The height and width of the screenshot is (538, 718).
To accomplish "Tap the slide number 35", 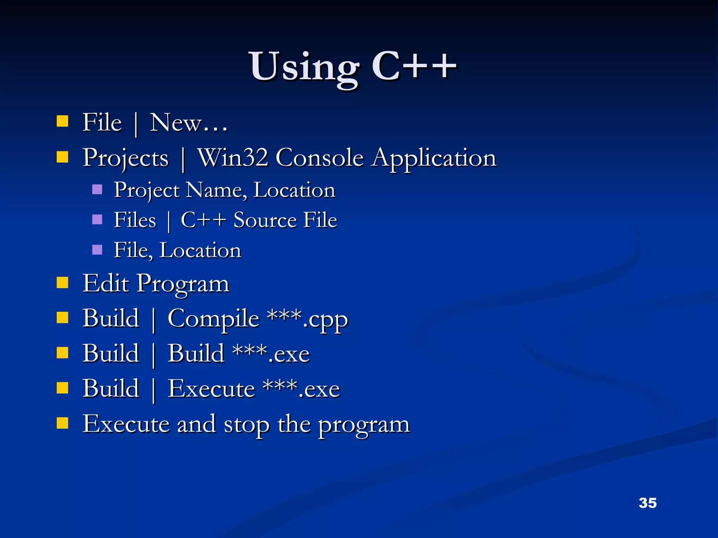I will click(x=648, y=503).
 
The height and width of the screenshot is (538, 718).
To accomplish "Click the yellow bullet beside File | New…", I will click(x=62, y=121).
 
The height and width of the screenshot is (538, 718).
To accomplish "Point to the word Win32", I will click(x=233, y=158).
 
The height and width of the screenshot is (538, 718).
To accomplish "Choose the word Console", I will click(x=319, y=158).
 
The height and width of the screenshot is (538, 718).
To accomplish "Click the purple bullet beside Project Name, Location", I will click(x=97, y=189).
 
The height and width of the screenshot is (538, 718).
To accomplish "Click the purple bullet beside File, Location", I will click(x=97, y=250).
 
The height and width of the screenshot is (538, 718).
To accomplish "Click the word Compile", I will click(x=213, y=319).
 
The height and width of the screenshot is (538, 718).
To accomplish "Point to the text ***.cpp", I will click(x=307, y=319).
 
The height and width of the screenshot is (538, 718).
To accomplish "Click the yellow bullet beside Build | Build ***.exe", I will click(x=62, y=353).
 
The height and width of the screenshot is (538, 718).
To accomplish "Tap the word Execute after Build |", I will click(x=211, y=389).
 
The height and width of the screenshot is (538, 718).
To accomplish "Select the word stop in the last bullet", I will click(x=247, y=425).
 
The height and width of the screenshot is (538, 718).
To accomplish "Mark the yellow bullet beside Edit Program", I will click(x=62, y=282).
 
